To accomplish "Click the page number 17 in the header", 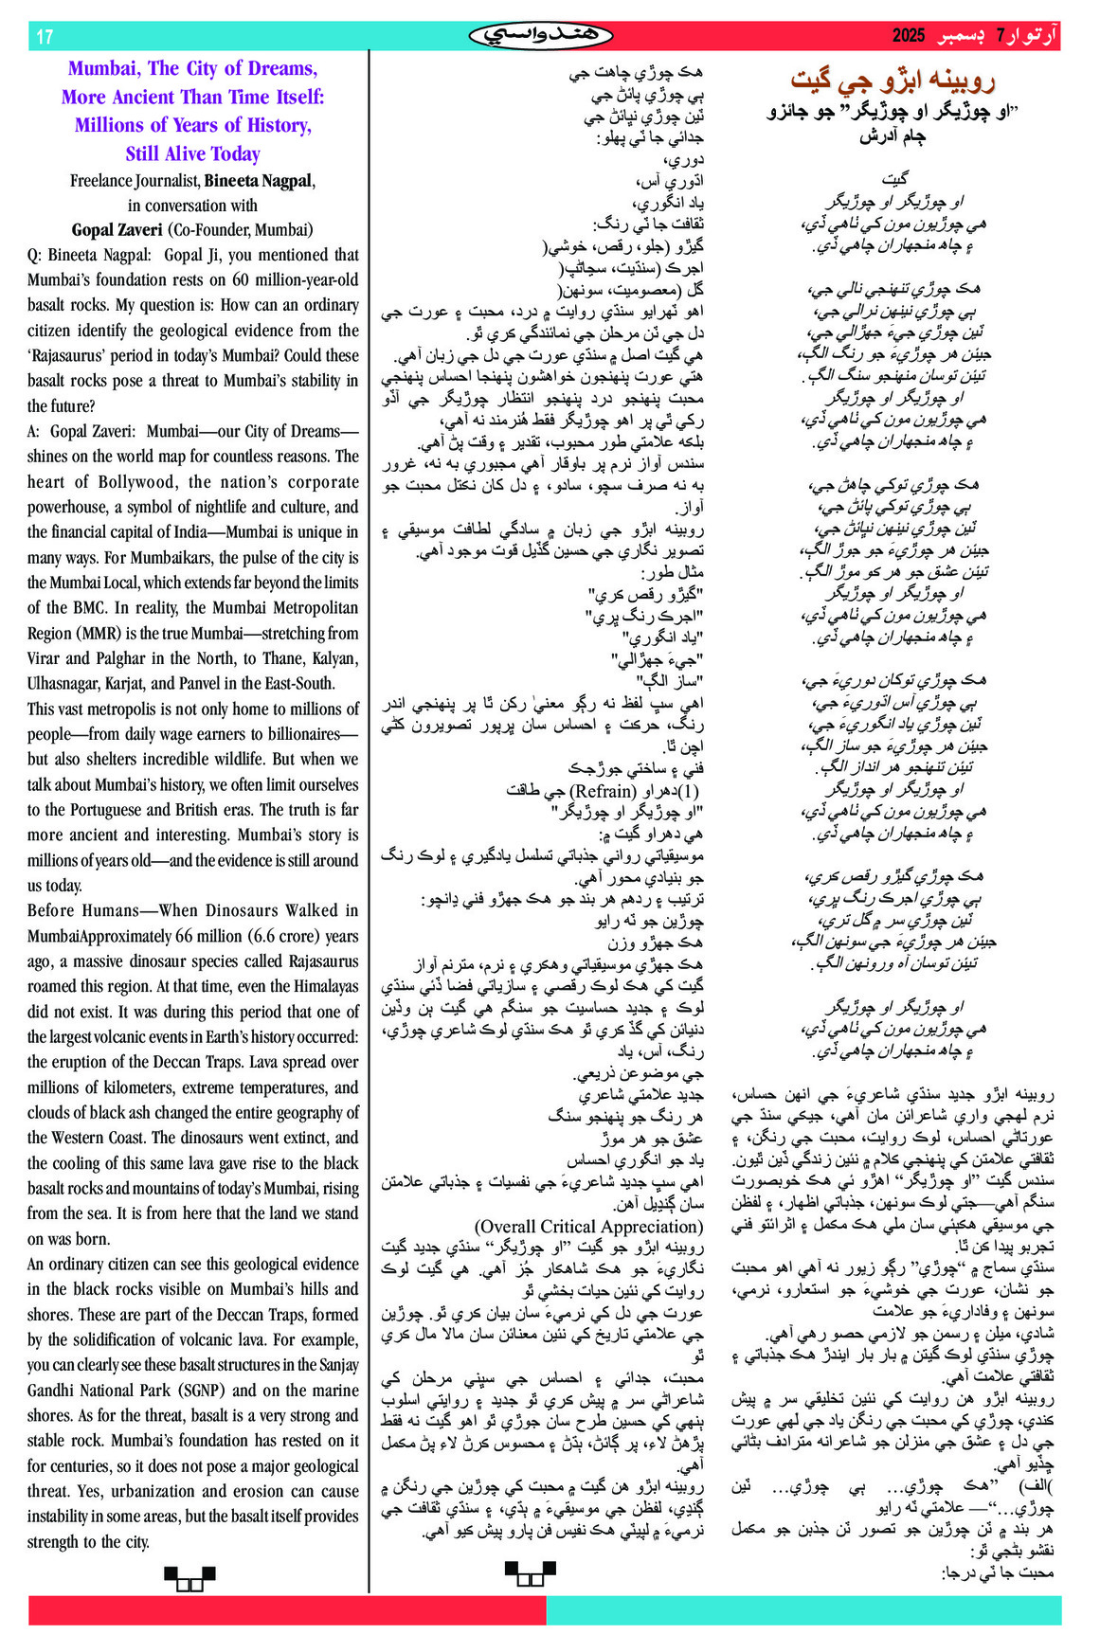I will (45, 37).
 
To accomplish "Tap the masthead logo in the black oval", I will (540, 36).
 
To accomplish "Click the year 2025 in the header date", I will (907, 36).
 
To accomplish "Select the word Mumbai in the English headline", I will (102, 68).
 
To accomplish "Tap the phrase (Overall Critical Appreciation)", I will (588, 1227).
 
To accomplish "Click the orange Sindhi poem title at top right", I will (893, 81).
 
